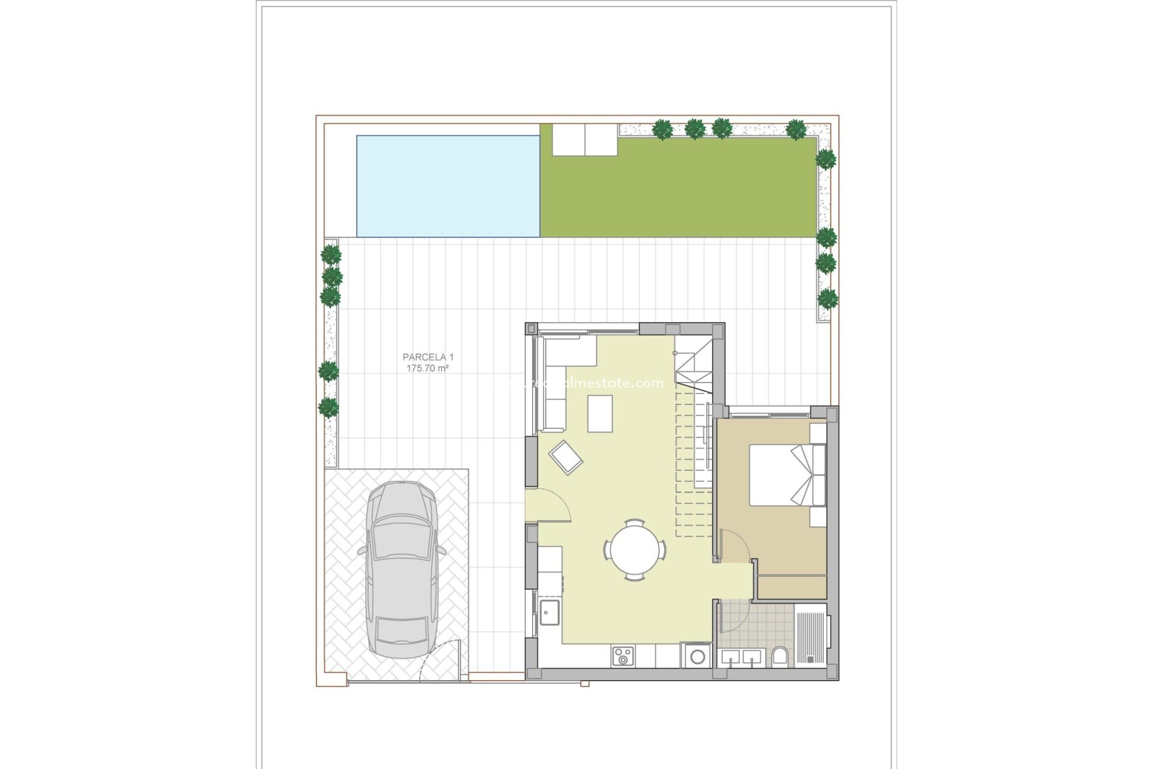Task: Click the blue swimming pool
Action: [448, 186]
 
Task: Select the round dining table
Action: [635, 550]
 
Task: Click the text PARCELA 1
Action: [428, 357]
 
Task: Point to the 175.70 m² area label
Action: [428, 368]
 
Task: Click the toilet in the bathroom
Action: [780, 656]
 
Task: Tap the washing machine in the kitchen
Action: [697, 656]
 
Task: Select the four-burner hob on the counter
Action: [623, 656]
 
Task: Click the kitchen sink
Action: [549, 613]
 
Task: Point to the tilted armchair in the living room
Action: [566, 457]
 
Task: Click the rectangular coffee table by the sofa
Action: [600, 413]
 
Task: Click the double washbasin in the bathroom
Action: [741, 658]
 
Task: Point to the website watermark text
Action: [576, 383]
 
